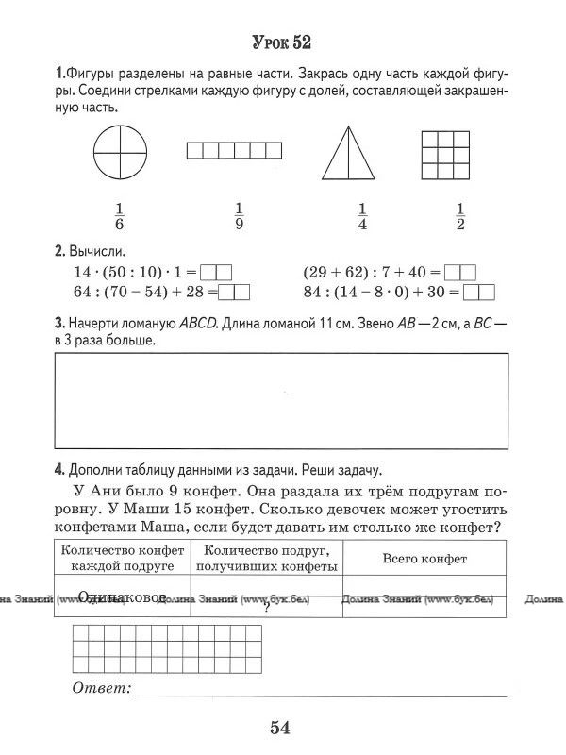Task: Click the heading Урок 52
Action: (282, 42)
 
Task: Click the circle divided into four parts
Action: (122, 153)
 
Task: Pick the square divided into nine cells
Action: (444, 153)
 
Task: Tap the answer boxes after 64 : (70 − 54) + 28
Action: (234, 292)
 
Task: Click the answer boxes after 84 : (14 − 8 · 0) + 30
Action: (479, 292)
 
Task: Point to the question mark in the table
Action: (268, 609)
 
